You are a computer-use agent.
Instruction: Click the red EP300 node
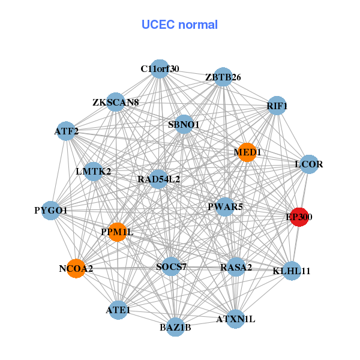(299, 217)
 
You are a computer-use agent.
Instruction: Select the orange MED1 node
(247, 152)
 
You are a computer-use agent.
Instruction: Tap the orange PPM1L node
(118, 232)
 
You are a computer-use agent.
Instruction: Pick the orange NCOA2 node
(76, 268)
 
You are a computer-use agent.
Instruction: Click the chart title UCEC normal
(179, 25)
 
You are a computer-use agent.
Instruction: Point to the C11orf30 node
(160, 68)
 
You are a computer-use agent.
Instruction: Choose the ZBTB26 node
(223, 77)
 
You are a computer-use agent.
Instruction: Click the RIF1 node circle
(277, 106)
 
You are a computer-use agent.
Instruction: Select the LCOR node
(308, 164)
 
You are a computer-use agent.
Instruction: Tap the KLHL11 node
(292, 271)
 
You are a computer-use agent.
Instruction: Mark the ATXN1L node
(236, 319)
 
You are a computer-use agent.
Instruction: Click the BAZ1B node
(175, 327)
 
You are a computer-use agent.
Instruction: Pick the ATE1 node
(118, 310)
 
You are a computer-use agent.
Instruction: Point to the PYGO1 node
(51, 211)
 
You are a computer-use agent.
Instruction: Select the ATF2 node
(66, 130)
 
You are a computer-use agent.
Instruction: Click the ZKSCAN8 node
(116, 102)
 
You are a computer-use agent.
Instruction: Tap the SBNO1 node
(184, 124)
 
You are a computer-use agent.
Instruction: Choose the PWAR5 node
(225, 207)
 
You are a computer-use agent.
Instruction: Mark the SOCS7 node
(172, 266)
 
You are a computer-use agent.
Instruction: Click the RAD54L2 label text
(158, 179)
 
